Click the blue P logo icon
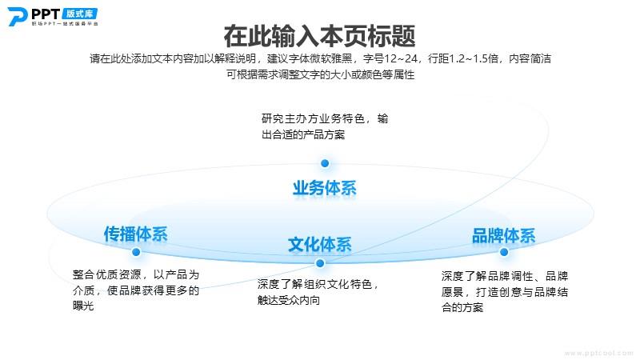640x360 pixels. (17, 16)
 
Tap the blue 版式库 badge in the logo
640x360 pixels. (80, 14)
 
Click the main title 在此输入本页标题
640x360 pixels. (319, 36)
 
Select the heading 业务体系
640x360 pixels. (325, 188)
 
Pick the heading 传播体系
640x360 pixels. (135, 234)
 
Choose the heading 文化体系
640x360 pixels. (319, 245)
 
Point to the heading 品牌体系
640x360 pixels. (503, 235)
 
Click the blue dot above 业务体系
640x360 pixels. (325, 163)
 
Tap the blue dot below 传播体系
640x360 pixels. (136, 252)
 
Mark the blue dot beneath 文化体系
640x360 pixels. (321, 263)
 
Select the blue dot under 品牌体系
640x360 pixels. (504, 252)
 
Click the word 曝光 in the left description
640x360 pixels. (83, 306)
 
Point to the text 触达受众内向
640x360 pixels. (289, 300)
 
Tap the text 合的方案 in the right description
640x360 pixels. (462, 307)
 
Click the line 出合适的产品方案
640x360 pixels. (303, 134)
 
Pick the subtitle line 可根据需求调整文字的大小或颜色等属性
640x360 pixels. (321, 74)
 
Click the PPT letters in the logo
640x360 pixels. (46, 14)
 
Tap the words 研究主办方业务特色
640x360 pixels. (313, 118)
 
